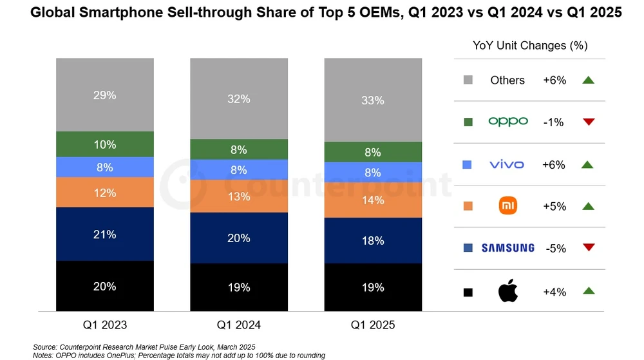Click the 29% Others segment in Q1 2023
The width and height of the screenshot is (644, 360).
(104, 95)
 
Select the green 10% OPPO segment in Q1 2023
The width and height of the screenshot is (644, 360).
(104, 144)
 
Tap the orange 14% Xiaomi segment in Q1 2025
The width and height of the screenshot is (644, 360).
(373, 200)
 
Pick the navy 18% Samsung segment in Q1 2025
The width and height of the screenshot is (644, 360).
(373, 240)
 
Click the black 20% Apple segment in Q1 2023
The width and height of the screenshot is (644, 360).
(104, 287)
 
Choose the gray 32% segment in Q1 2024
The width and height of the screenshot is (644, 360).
(238, 99)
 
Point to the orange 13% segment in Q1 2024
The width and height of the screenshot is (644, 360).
(238, 196)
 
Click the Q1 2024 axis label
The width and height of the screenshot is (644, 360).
(238, 325)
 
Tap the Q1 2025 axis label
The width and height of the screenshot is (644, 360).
(373, 325)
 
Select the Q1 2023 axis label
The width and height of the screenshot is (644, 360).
(104, 325)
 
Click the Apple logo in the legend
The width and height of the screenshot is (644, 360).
(507, 291)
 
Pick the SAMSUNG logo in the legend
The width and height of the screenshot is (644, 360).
(507, 248)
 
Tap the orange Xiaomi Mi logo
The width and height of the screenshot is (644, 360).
(507, 206)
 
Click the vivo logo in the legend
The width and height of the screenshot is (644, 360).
(507, 164)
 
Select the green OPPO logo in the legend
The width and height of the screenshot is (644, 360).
(507, 122)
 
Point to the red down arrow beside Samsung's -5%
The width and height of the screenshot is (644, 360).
(587, 248)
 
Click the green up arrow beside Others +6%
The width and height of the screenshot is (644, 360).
(587, 80)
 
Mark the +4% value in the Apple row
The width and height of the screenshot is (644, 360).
(554, 292)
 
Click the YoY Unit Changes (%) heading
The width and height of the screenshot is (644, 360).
(529, 46)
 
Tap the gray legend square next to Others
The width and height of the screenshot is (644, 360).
(468, 81)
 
